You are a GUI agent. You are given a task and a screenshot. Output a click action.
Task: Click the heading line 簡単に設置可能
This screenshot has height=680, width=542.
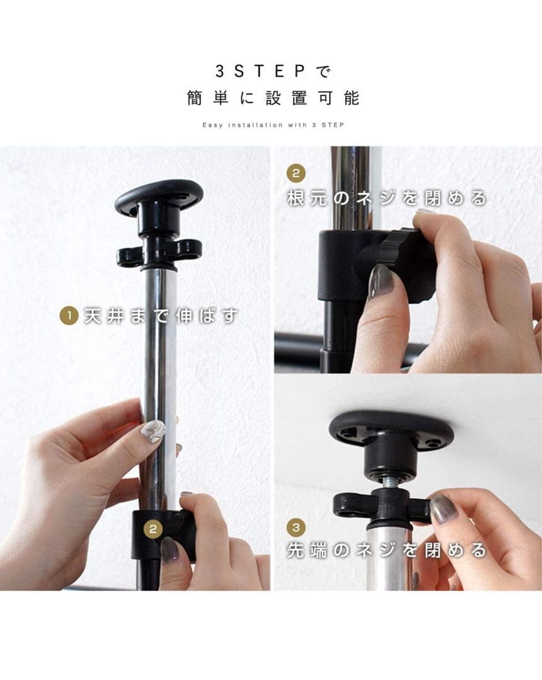tap(274, 98)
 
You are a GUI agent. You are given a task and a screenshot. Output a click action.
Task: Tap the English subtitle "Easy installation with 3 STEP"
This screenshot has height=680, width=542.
tap(274, 125)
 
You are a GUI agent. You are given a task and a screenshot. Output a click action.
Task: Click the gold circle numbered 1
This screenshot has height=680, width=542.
tap(69, 315)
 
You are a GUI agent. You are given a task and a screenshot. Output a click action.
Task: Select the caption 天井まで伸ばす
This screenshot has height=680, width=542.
tap(161, 315)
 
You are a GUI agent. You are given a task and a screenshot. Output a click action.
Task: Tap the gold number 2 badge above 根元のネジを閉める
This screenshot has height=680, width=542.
tap(296, 174)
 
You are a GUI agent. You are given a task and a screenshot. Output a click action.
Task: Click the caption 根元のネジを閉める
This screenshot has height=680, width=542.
tap(386, 198)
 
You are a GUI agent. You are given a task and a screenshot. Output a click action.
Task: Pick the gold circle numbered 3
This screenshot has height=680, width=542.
tap(296, 528)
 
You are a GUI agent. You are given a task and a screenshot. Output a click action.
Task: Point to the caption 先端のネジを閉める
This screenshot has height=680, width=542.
tap(386, 550)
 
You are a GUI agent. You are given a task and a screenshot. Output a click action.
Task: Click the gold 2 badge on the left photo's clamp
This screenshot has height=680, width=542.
tap(153, 529)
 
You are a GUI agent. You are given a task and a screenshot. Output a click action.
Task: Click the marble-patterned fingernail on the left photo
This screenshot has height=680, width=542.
tap(154, 432)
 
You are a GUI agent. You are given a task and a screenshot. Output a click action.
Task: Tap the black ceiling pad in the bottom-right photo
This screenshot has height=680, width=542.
tap(391, 428)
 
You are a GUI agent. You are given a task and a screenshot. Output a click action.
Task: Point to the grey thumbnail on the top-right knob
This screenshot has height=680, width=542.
tap(381, 281)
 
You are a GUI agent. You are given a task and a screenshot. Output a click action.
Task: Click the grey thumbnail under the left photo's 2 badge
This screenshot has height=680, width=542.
tap(170, 550)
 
